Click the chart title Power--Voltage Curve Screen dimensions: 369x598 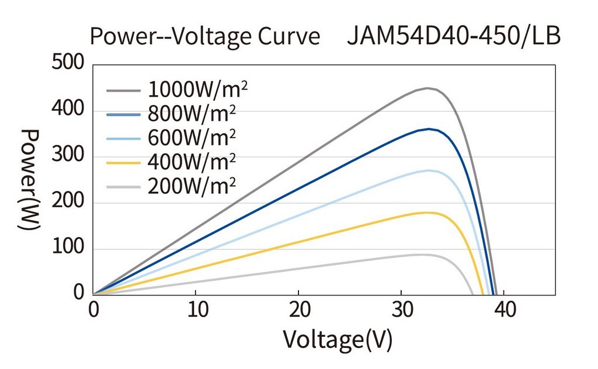[x=204, y=36]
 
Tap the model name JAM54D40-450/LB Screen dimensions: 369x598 [x=453, y=36]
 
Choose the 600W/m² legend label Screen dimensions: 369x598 [x=192, y=138]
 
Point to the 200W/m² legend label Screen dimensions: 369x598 [x=192, y=186]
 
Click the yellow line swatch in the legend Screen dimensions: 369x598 [x=124, y=163]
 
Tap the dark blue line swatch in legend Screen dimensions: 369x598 [x=124, y=115]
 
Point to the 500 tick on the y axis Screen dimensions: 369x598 [x=68, y=63]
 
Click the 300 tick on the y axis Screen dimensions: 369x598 [x=68, y=156]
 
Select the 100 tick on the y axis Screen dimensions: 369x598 [x=68, y=249]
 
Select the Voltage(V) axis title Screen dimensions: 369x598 [x=338, y=339]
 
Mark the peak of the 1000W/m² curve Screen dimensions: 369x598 [x=427, y=88]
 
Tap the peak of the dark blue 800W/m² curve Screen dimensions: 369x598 [x=429, y=129]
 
